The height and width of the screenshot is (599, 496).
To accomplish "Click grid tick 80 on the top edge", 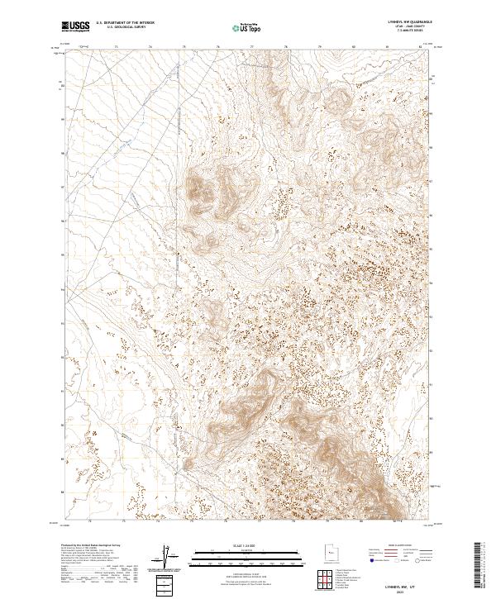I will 353,48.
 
